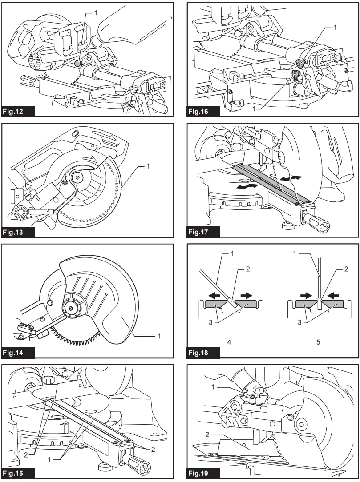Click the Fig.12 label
coord(18,111)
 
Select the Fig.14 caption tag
coord(18,353)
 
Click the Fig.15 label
coord(18,473)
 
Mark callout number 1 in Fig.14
coord(159,336)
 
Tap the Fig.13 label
coord(18,232)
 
